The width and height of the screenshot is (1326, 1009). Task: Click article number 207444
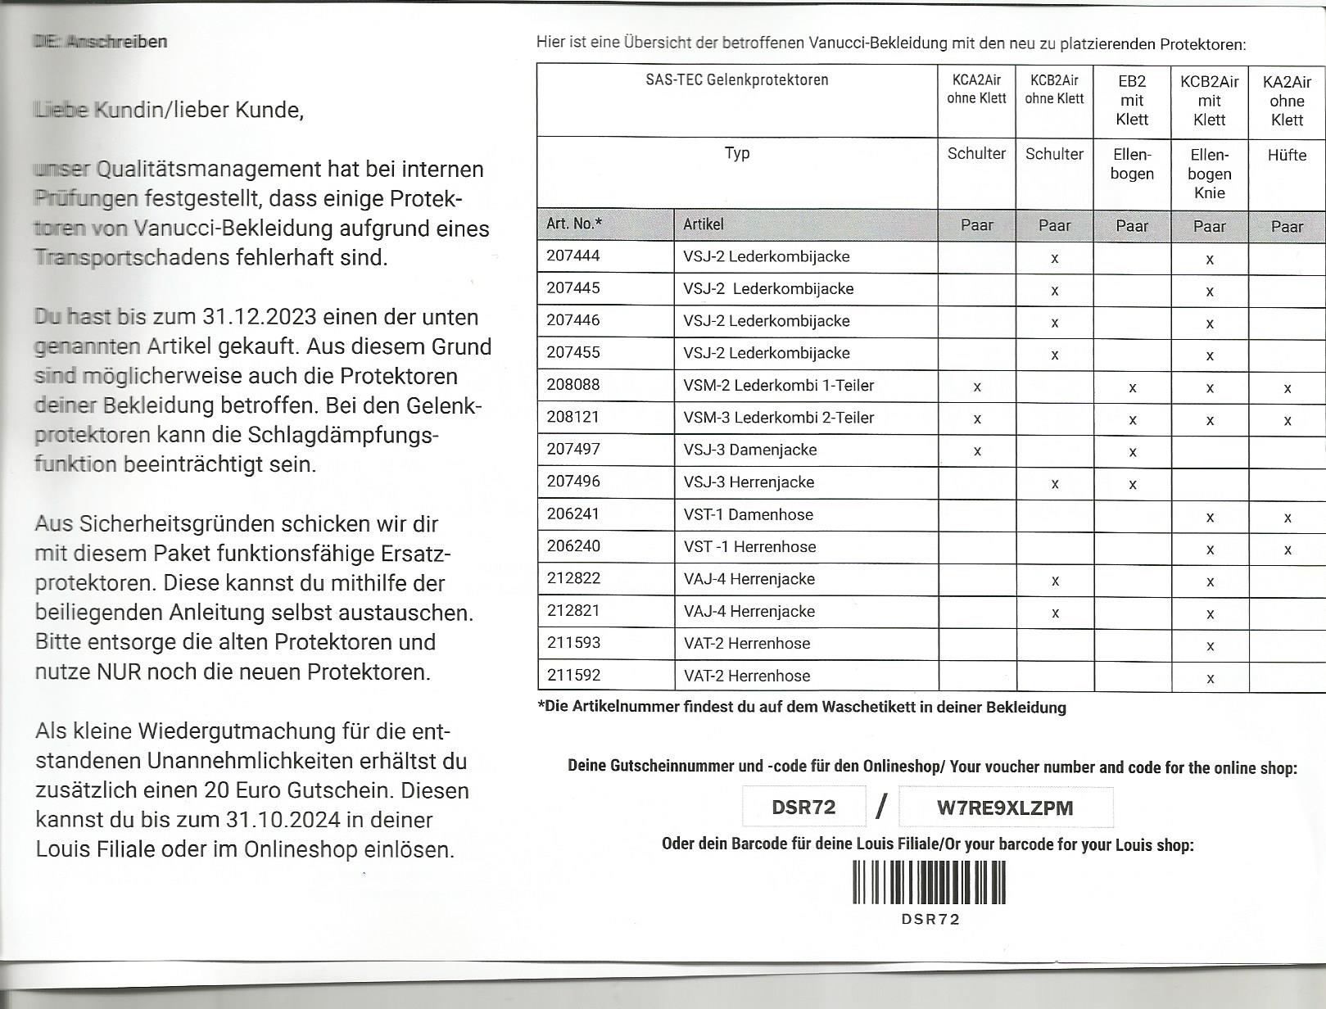573,256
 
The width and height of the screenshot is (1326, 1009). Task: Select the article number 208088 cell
573,385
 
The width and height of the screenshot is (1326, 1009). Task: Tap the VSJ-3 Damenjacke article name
749,450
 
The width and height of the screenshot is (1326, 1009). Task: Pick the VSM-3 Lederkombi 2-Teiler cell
778,418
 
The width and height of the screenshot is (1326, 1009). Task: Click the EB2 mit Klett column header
1132,101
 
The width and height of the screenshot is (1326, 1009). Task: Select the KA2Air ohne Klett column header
1287,101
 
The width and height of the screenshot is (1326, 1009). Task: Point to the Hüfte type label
1287,155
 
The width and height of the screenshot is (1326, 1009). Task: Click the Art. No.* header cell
574,224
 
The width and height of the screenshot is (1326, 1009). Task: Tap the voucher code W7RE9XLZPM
1005,808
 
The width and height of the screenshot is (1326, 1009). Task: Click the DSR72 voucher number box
803,808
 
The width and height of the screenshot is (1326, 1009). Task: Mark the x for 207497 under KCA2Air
977,451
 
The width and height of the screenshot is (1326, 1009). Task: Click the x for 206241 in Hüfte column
1288,518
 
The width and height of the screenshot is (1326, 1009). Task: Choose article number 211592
573,676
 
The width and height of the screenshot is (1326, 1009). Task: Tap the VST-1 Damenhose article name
748,514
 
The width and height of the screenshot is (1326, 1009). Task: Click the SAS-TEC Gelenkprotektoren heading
736,80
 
